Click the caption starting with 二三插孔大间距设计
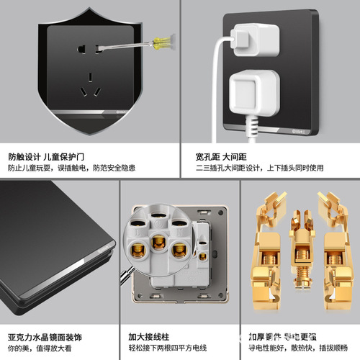click(x=260, y=168)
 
